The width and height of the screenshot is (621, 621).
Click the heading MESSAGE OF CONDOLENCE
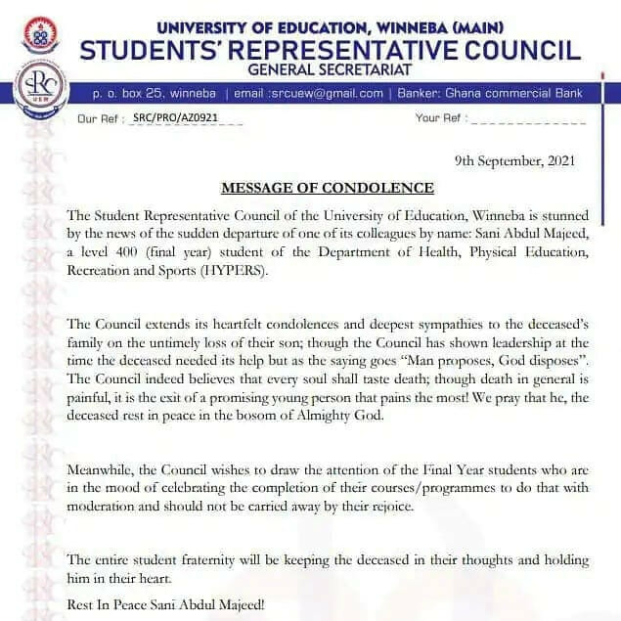[328, 188]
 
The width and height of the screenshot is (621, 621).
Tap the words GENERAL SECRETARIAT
[331, 69]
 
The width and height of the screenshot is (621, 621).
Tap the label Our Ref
[98, 118]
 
